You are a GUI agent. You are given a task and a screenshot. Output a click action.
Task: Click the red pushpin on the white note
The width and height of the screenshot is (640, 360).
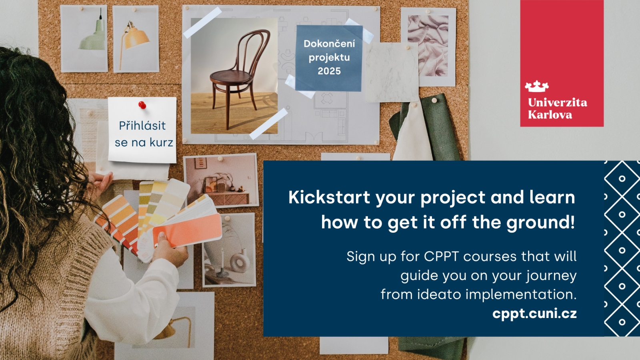[x=142, y=105]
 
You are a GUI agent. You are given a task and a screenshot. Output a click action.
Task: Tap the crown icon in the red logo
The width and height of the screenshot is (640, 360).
[x=536, y=86]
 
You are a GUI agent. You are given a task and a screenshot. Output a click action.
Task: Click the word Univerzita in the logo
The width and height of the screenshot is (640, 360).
[x=558, y=102]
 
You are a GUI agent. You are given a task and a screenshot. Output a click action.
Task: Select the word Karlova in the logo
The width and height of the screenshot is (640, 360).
[x=550, y=115]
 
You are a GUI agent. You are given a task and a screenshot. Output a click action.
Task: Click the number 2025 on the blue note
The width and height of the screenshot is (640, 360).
[x=329, y=71]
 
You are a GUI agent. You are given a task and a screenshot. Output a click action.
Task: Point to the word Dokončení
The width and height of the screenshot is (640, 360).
[x=329, y=44]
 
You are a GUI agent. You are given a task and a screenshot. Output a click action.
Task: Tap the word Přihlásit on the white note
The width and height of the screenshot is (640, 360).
[x=142, y=126]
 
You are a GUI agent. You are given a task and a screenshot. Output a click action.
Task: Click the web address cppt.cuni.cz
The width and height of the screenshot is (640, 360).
[x=534, y=314]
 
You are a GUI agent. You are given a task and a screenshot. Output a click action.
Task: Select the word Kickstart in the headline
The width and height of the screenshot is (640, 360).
[x=329, y=198]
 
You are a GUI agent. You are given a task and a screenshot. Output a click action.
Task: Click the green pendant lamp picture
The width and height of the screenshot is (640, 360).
[x=84, y=38]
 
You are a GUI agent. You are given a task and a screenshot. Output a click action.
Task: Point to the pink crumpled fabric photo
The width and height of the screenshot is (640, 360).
[x=428, y=46]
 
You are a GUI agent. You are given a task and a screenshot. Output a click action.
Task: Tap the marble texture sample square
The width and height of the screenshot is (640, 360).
[x=392, y=72]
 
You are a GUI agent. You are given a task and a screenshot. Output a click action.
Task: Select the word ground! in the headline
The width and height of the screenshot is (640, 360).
[x=540, y=223]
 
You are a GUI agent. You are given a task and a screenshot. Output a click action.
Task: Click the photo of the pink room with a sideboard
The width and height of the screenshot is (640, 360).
[x=221, y=180]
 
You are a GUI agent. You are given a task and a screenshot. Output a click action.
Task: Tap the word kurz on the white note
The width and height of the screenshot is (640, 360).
[x=162, y=142]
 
